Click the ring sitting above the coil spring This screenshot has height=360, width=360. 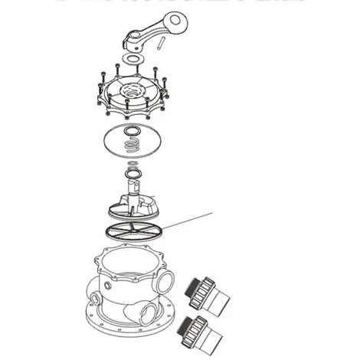point(133,130)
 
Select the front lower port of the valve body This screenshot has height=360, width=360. point(146,310)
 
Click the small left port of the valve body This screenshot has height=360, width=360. point(93,292)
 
